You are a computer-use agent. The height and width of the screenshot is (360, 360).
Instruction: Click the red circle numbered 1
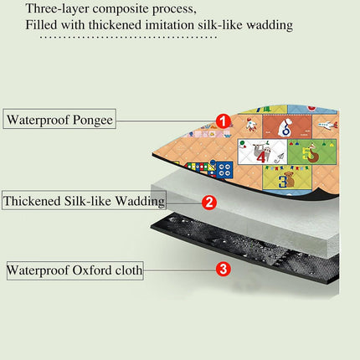224,121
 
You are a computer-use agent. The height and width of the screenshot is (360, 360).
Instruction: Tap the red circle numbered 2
209,203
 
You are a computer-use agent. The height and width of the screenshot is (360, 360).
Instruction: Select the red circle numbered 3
224,270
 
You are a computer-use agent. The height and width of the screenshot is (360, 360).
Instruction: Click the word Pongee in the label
93,121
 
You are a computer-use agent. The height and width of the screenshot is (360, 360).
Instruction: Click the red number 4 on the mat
261,157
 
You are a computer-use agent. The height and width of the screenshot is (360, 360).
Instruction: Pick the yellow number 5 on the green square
307,154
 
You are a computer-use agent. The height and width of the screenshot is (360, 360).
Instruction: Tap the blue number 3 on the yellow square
282,182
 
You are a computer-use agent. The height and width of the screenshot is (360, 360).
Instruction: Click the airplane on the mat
326,125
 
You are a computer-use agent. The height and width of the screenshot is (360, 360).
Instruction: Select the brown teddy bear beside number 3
291,179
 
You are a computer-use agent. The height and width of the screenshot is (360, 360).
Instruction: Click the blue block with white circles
224,169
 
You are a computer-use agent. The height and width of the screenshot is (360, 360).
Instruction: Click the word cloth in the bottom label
129,270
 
